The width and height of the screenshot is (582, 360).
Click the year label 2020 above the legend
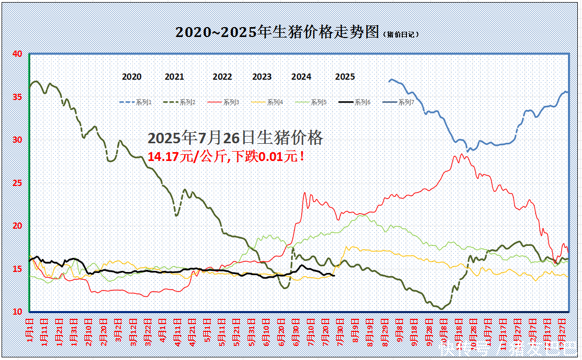pyautogui.click(x=132, y=77)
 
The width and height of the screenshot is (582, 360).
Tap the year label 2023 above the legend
pyautogui.click(x=262, y=77)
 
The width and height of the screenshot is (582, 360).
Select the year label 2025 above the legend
pyautogui.click(x=345, y=77)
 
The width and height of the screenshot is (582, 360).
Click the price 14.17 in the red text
pyautogui.click(x=164, y=156)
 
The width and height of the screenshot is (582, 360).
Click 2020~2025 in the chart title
pyautogui.click(x=216, y=32)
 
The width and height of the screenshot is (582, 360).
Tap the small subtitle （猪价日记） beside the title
pyautogui.click(x=401, y=34)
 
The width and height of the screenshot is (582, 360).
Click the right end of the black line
pyautogui.click(x=334, y=276)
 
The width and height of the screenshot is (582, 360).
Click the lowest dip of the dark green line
pyautogui.click(x=442, y=309)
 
